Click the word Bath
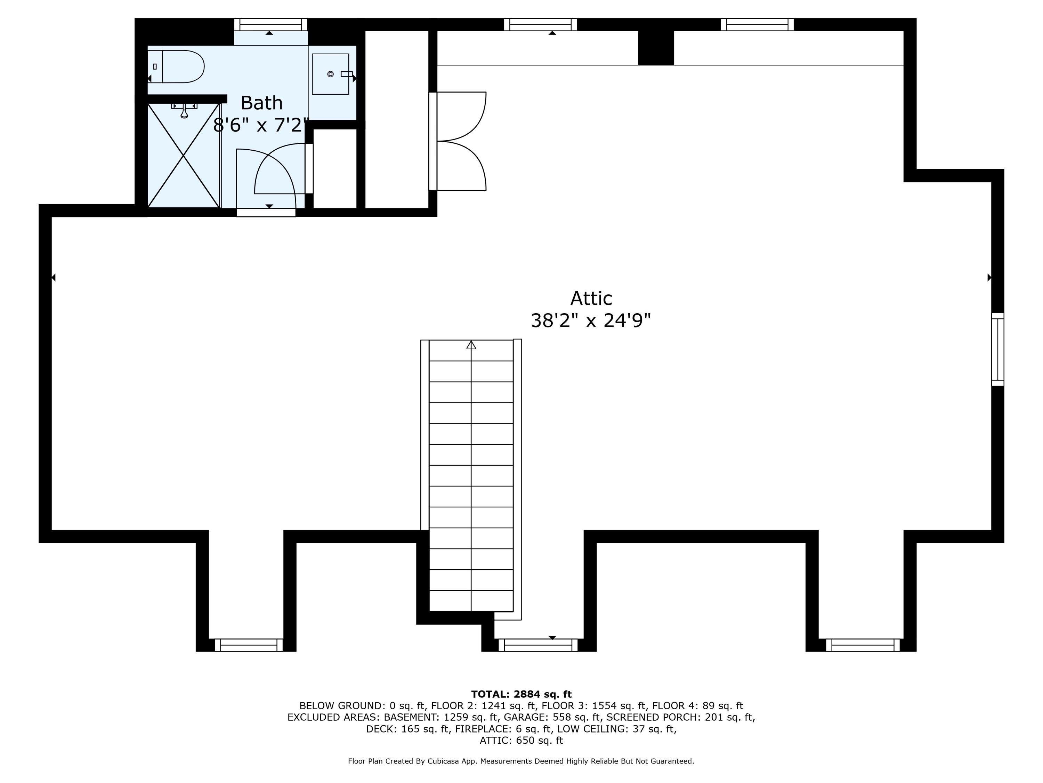(x=262, y=103)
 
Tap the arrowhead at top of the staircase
(x=471, y=345)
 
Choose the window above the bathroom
(x=270, y=25)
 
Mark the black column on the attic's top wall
(x=655, y=48)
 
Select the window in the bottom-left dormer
(x=249, y=645)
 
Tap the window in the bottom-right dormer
(x=863, y=645)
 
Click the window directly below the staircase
(x=537, y=645)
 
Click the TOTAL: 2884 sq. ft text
(x=521, y=694)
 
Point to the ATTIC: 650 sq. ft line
(x=521, y=740)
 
